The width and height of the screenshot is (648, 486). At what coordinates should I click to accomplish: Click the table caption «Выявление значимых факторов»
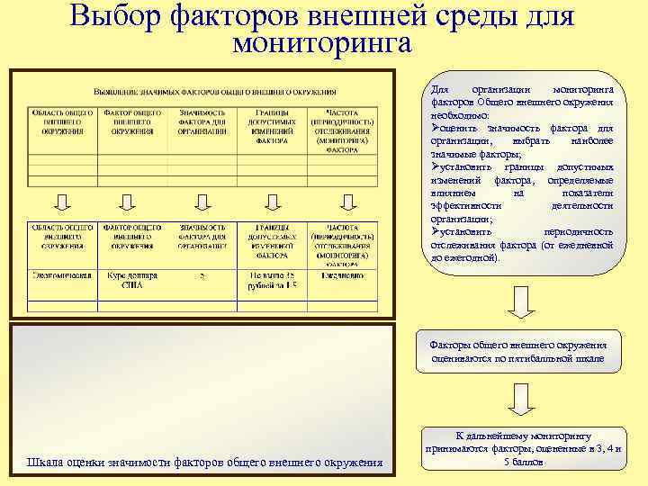click(x=215, y=92)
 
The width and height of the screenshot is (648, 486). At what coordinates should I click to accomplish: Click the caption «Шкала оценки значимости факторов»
click(x=204, y=463)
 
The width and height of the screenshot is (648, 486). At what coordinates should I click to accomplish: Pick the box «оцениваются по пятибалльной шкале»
click(x=518, y=352)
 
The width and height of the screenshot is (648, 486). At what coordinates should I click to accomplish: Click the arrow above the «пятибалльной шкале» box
click(x=518, y=302)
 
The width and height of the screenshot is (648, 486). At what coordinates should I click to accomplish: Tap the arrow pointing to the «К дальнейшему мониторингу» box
click(x=518, y=398)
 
